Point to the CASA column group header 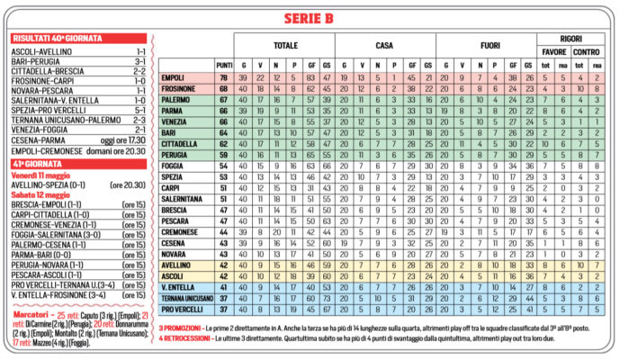(384, 44)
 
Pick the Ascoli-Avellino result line (40, 52)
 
